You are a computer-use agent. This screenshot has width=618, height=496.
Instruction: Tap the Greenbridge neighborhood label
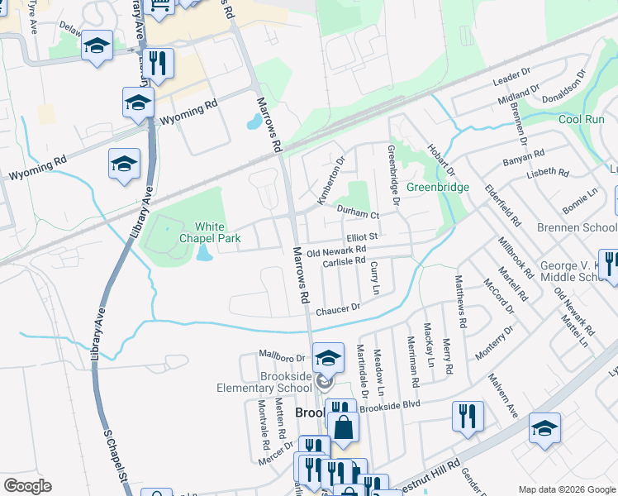coord(437,187)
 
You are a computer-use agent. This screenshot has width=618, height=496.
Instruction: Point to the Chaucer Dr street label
coord(338,308)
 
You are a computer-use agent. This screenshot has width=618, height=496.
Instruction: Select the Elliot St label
coord(362,237)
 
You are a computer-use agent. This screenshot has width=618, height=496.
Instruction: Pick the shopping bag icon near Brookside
coord(343,427)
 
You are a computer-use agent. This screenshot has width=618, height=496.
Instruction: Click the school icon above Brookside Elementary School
coord(328,357)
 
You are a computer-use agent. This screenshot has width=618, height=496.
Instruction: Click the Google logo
coord(28,486)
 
